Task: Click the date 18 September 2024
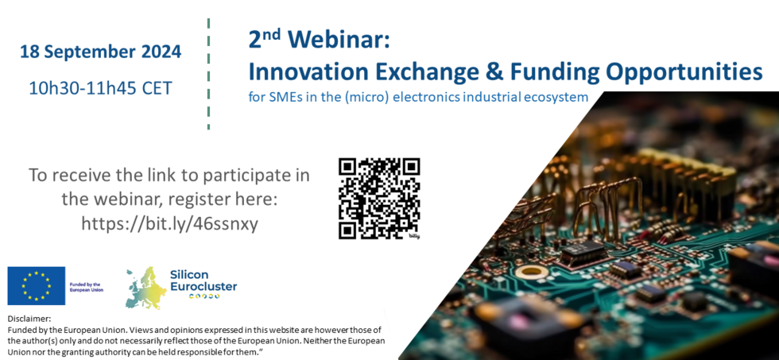[x=100, y=52]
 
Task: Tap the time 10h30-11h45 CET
[x=100, y=88]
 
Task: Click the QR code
[x=380, y=198]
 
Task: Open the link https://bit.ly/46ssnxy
[x=170, y=224]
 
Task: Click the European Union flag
[x=37, y=285]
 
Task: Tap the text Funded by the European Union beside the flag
[x=87, y=288]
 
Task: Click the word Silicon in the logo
[x=189, y=275]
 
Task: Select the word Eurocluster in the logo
[x=203, y=287]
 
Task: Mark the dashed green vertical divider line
[x=208, y=74]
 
